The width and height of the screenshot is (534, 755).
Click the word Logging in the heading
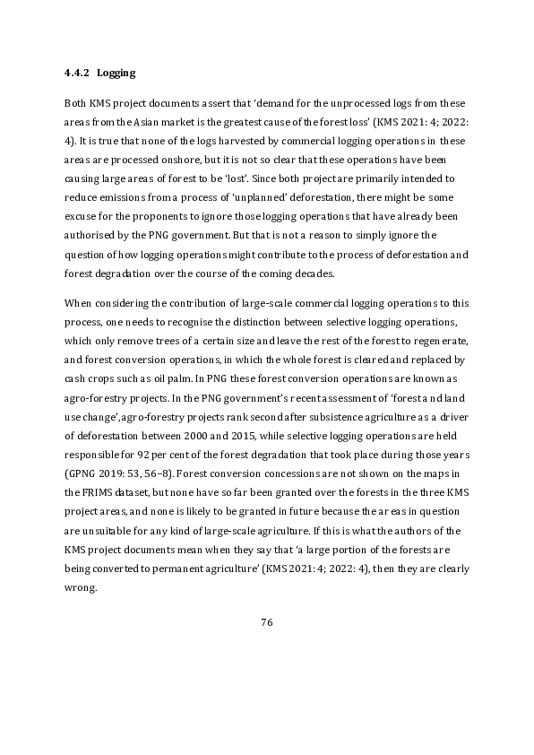(116, 71)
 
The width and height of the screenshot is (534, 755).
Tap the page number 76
(266, 622)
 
